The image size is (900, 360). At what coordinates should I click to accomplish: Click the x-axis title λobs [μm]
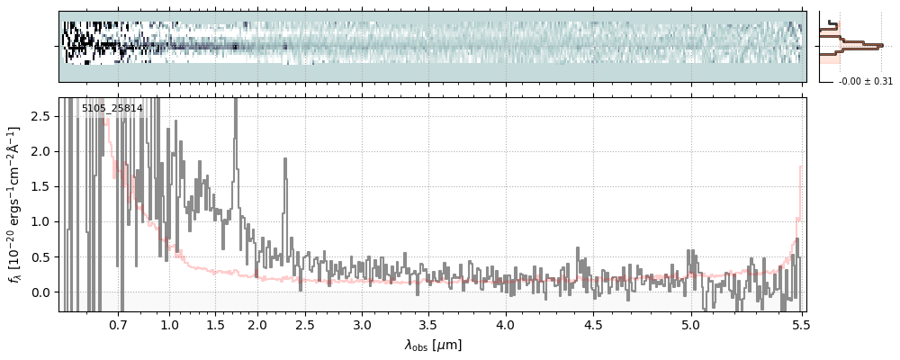433,345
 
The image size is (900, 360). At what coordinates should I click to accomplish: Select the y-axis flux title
15,205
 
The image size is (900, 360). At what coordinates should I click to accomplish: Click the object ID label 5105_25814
112,109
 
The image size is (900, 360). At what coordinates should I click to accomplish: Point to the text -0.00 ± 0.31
865,82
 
